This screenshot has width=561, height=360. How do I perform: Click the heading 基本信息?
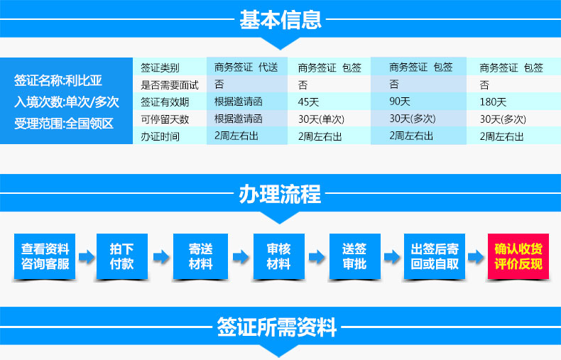(x=280, y=19)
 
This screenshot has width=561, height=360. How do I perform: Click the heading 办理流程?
(x=280, y=194)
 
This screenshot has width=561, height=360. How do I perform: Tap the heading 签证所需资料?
(x=276, y=327)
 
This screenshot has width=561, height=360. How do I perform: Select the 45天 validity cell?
(x=308, y=102)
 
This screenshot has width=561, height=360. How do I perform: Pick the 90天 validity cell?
(x=400, y=102)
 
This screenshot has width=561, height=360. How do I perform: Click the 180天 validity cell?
(x=493, y=102)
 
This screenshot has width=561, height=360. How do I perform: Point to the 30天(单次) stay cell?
(x=321, y=119)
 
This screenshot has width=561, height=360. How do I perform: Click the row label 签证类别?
(x=160, y=67)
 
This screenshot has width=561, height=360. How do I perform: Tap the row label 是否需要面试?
(x=169, y=84)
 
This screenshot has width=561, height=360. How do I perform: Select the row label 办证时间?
(x=160, y=136)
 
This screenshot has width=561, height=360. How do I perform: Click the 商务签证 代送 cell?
(x=246, y=67)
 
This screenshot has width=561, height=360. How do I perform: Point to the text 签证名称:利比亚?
(x=58, y=80)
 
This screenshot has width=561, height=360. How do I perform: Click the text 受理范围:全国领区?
(x=64, y=124)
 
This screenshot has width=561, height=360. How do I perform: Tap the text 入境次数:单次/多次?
(x=67, y=102)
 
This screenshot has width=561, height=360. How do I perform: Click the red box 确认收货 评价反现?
(x=518, y=256)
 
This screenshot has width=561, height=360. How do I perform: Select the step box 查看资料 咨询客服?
(x=45, y=256)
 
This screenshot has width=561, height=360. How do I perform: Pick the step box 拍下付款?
(x=122, y=256)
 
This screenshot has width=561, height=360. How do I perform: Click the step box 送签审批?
(x=354, y=256)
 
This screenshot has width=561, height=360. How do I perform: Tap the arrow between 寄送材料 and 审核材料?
(x=241, y=256)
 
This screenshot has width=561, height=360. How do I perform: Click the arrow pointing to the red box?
(x=476, y=256)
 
